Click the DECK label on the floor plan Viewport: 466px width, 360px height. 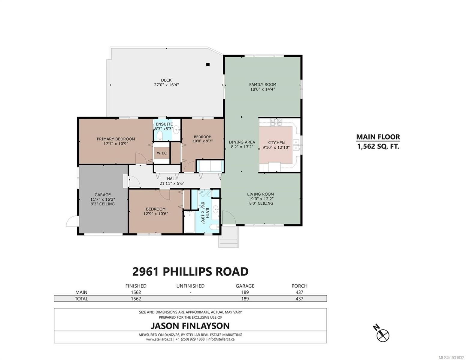click(x=166, y=80)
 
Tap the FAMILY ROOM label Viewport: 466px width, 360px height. click(x=262, y=85)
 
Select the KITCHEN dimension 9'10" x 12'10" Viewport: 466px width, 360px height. click(x=276, y=148)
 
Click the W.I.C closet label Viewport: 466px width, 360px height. click(x=162, y=153)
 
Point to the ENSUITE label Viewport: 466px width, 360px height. click(x=164, y=124)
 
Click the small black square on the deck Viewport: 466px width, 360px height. click(x=207, y=64)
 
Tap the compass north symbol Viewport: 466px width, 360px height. click(x=383, y=335)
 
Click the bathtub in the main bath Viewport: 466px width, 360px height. click(x=189, y=222)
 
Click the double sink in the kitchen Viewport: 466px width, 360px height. click(x=296, y=145)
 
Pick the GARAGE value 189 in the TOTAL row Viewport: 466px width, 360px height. click(x=245, y=299)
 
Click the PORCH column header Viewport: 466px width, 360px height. click(x=299, y=286)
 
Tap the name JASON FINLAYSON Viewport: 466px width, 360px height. click(x=190, y=326)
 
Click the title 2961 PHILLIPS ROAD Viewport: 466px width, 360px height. click(x=190, y=272)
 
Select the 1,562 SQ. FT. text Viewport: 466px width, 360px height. click(x=378, y=147)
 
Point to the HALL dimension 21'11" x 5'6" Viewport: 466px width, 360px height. click(x=172, y=184)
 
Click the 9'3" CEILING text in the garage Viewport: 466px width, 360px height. click(x=103, y=204)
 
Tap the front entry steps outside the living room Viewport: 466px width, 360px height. click(x=229, y=237)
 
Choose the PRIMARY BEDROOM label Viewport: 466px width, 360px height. click(x=116, y=139)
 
